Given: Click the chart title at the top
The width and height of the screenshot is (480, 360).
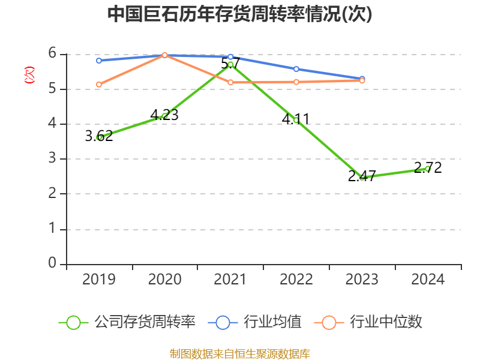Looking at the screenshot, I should coord(239,14).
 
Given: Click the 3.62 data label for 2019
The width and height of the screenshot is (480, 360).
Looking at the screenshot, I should coord(98,136).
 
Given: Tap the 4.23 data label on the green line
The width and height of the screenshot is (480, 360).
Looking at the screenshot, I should coord(164,115).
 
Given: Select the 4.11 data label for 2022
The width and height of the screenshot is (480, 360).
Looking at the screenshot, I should coord(296,119).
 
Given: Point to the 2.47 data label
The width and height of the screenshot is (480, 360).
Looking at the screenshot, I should coord(362,176).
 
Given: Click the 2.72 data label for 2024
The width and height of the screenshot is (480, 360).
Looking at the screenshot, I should coord(428,168).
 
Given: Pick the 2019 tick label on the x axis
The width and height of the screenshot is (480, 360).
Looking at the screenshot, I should coord(99,279).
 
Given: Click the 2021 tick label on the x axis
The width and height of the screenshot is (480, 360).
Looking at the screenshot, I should coord(230,279).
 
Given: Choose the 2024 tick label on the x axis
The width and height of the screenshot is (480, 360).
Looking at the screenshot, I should coord(428,279).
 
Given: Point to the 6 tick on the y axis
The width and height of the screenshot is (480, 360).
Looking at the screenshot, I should coord(53,54).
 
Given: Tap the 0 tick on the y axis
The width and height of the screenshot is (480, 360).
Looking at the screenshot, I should coord(53,263).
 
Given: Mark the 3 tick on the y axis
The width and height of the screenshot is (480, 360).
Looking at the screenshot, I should coord(53,159).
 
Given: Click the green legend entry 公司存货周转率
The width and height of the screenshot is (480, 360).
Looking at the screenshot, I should coord(127,322).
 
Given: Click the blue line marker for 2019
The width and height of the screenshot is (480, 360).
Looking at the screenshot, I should coord(99,61).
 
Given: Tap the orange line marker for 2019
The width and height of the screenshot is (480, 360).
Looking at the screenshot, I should coord(99,85).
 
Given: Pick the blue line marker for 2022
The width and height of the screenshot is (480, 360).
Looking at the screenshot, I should coord(296,69).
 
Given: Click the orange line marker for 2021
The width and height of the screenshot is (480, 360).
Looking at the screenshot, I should coord(230,82).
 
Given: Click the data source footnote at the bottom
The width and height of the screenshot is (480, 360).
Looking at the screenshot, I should coord(239,353).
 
